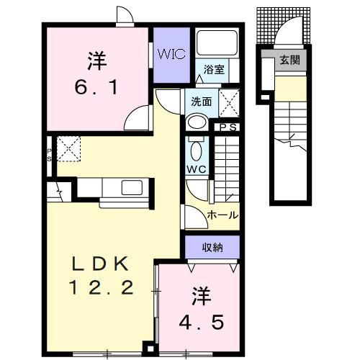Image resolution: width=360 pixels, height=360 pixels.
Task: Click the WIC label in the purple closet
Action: pos(171,54)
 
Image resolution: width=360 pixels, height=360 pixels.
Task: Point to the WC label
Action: pos(197,168)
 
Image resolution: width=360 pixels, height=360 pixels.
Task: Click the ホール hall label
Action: pos(222,215)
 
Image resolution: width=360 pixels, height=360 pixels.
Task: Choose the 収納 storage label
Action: pos(212,248)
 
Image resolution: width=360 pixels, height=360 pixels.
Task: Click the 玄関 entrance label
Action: pos(292,60)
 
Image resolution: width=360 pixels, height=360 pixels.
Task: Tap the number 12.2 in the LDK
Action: pos(102,289)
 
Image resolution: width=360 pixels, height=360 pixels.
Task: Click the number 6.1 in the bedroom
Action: pos(98,88)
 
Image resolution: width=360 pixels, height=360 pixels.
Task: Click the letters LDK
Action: pos(102,261)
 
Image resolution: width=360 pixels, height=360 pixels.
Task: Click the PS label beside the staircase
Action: pos(230,127)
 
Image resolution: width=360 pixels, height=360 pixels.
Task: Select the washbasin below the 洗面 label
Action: pos(194,122)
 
